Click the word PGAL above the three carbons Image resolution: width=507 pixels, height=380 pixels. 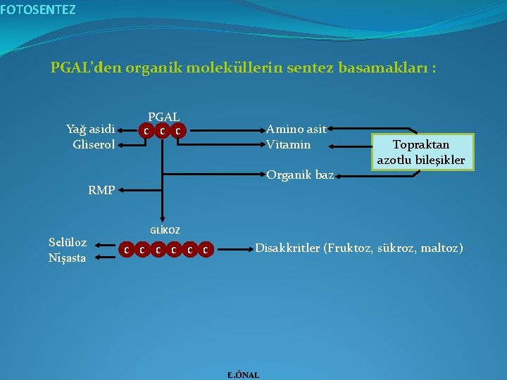tap(163, 117)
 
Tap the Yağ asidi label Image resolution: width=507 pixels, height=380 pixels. tap(90, 129)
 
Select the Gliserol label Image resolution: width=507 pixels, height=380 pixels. tap(94, 144)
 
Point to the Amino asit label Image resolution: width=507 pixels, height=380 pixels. tap(296, 129)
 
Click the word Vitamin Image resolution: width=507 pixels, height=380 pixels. tap(288, 144)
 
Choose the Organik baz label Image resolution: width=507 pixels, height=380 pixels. tap(300, 175)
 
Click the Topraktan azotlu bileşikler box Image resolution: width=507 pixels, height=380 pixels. tap(420, 153)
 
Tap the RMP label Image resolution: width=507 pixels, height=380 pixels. tap(101, 189)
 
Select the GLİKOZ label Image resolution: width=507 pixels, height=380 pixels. tap(165, 231)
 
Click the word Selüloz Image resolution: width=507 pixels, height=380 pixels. tap(68, 242)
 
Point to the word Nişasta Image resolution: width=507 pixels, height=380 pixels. tap(67, 258)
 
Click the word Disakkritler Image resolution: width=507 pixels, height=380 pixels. tap(286, 248)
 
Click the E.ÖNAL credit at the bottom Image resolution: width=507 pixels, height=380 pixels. tap(243, 375)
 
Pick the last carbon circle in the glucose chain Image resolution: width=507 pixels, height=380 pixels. tap(204, 249)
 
